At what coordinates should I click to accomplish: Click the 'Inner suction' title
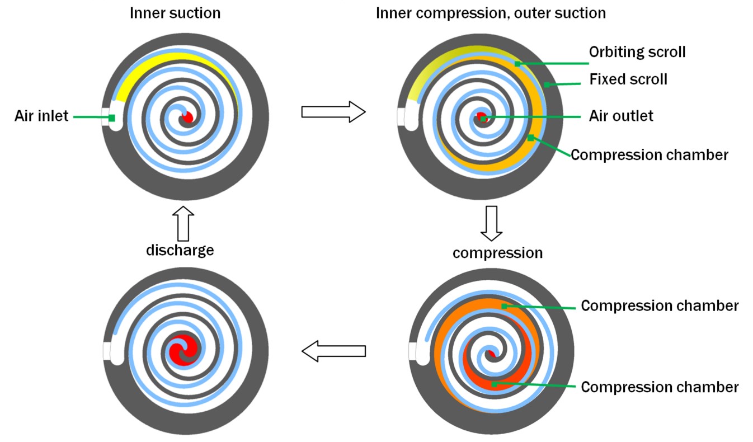coord(175,13)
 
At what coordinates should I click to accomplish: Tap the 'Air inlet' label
coord(41,116)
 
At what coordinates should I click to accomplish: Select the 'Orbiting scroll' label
coord(637,52)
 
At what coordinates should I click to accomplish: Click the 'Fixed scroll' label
coord(628,79)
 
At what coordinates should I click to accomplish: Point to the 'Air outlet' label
coord(621,116)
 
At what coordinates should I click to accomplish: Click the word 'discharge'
coord(180,250)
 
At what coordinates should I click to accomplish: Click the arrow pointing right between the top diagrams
coord(333,111)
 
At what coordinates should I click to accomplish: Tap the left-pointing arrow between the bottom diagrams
coord(333,351)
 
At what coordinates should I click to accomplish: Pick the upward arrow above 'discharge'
coord(185,223)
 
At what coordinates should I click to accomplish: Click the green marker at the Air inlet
coord(112,118)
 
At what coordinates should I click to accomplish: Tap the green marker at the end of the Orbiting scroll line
coord(518,64)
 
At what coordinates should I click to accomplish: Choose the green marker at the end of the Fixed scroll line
coord(546,85)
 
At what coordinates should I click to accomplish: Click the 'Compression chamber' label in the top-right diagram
coord(650,154)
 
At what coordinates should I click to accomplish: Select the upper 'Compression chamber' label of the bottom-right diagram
coord(660,306)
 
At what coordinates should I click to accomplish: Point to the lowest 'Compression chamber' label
coord(660,387)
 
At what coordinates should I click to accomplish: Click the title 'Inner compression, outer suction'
coord(491,13)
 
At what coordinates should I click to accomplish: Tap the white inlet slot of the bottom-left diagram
coord(107,351)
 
